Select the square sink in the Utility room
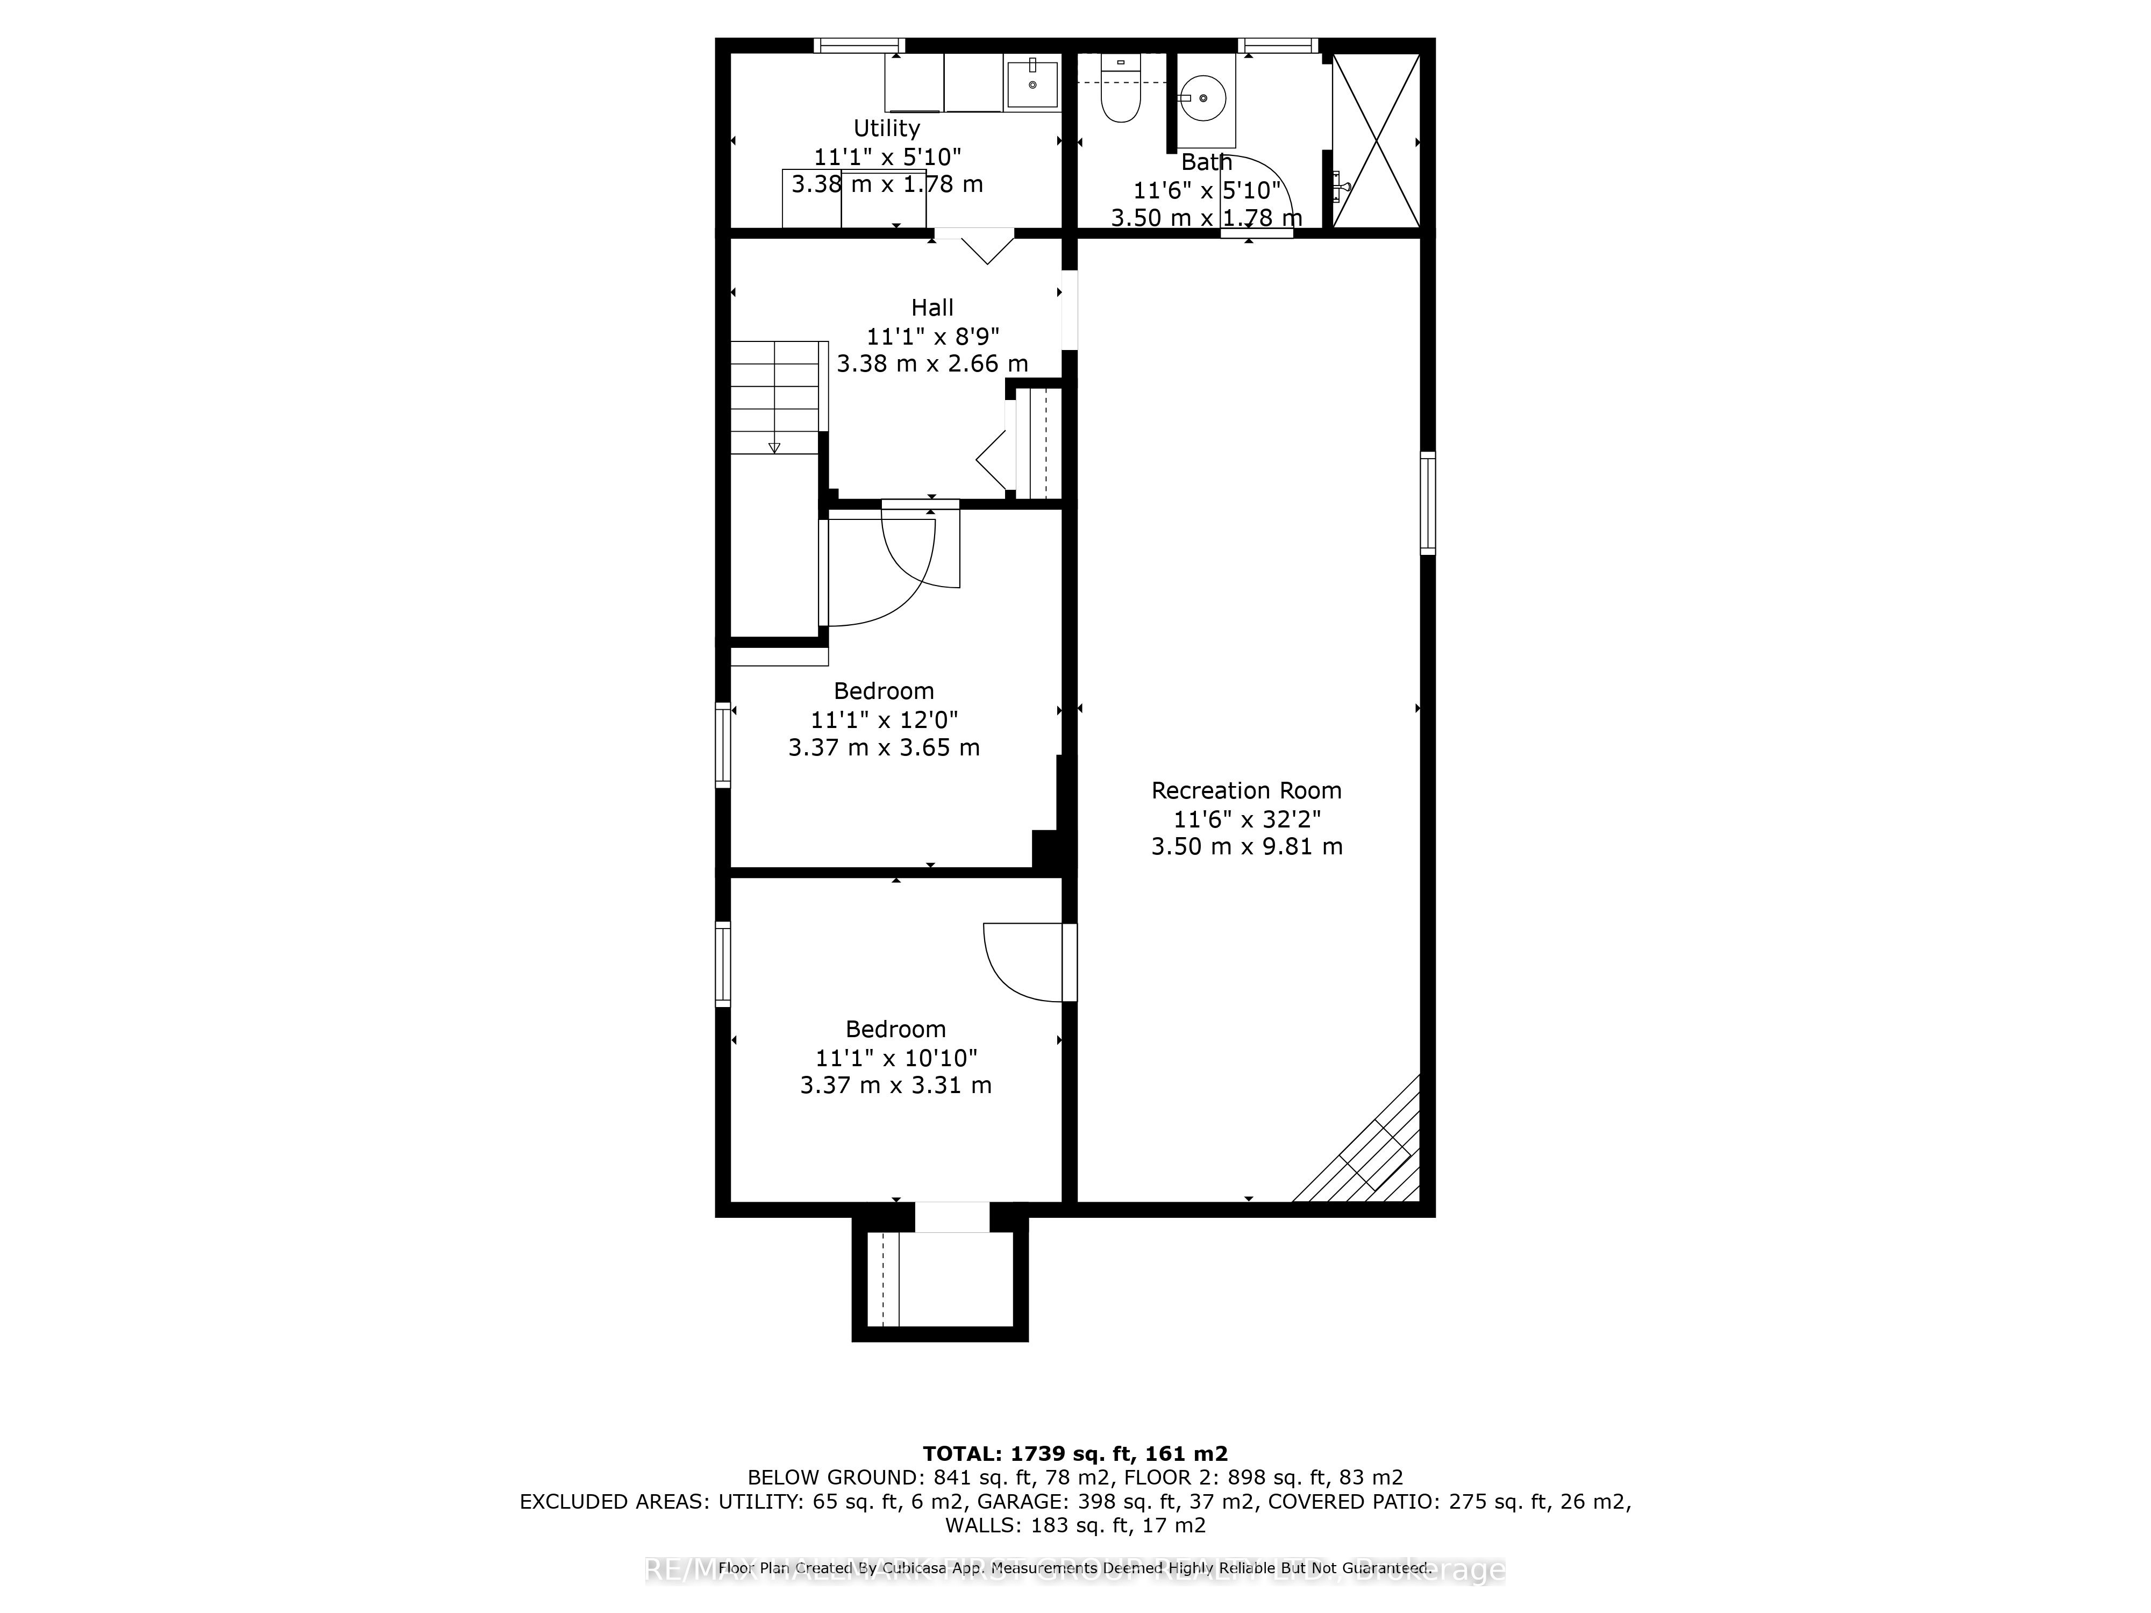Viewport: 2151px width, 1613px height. [1032, 84]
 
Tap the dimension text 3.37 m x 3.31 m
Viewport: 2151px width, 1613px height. [895, 1085]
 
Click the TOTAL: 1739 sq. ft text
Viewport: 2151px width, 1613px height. [1074, 1481]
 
